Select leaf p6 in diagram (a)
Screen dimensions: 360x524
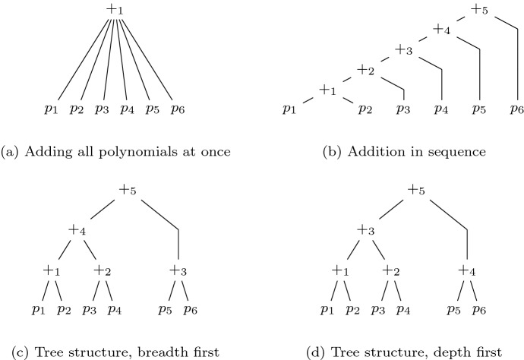tap(176, 109)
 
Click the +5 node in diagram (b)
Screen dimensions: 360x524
tap(480, 11)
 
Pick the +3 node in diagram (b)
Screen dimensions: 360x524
tap(404, 51)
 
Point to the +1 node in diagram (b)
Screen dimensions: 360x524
tap(328, 90)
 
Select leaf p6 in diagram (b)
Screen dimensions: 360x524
tap(518, 109)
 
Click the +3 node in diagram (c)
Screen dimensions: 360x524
tap(178, 270)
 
